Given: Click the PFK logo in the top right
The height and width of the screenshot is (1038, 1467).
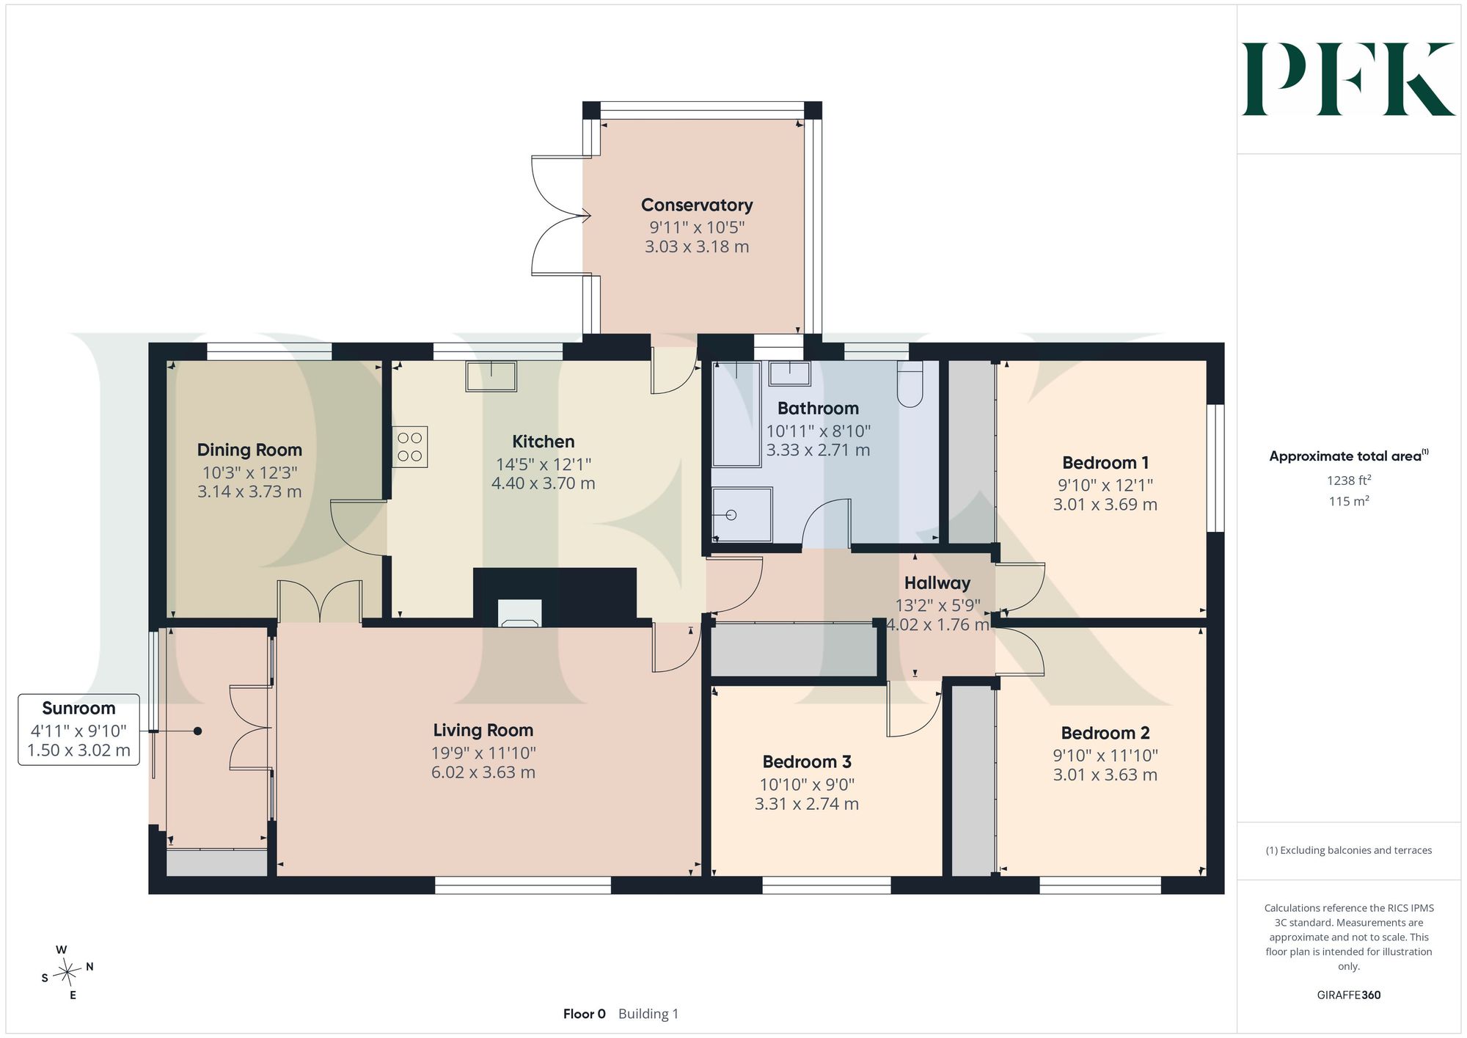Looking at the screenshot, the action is (x=1348, y=79).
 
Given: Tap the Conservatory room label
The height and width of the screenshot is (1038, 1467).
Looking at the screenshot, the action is (x=697, y=205).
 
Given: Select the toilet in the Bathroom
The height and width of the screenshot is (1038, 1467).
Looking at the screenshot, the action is (x=910, y=384).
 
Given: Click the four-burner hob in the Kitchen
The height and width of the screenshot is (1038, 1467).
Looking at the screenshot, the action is (x=410, y=447).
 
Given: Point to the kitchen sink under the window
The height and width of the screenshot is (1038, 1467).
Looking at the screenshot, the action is (x=491, y=376).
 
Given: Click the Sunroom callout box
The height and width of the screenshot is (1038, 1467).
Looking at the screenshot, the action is (x=78, y=729).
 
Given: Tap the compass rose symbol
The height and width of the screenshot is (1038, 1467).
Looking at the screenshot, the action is (x=67, y=973).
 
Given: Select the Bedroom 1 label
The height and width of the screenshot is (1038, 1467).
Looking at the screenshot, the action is (x=1105, y=463).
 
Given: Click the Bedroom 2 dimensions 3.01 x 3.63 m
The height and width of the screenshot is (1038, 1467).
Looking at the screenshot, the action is (x=1105, y=775).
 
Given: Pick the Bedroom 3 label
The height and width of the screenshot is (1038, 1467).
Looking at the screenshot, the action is (x=807, y=761).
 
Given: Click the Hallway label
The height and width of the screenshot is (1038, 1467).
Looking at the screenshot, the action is (x=937, y=583).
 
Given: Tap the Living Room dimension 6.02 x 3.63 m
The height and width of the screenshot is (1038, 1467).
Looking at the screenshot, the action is (x=483, y=772).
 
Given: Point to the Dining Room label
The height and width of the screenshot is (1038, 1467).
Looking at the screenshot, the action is (x=249, y=450).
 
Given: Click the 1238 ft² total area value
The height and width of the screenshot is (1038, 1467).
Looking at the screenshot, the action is (x=1349, y=480).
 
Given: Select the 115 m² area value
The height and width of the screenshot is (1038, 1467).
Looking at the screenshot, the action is (x=1349, y=502).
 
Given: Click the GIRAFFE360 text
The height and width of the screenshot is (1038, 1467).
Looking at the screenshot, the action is (x=1349, y=995).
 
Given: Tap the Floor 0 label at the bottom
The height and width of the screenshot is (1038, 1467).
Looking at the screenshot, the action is (x=585, y=1014).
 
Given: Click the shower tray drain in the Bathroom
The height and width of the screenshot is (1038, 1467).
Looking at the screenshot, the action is (x=731, y=515).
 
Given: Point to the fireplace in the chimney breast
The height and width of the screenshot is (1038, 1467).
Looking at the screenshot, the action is (x=520, y=613).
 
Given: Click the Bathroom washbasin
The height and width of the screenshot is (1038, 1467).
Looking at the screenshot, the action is (x=789, y=373).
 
